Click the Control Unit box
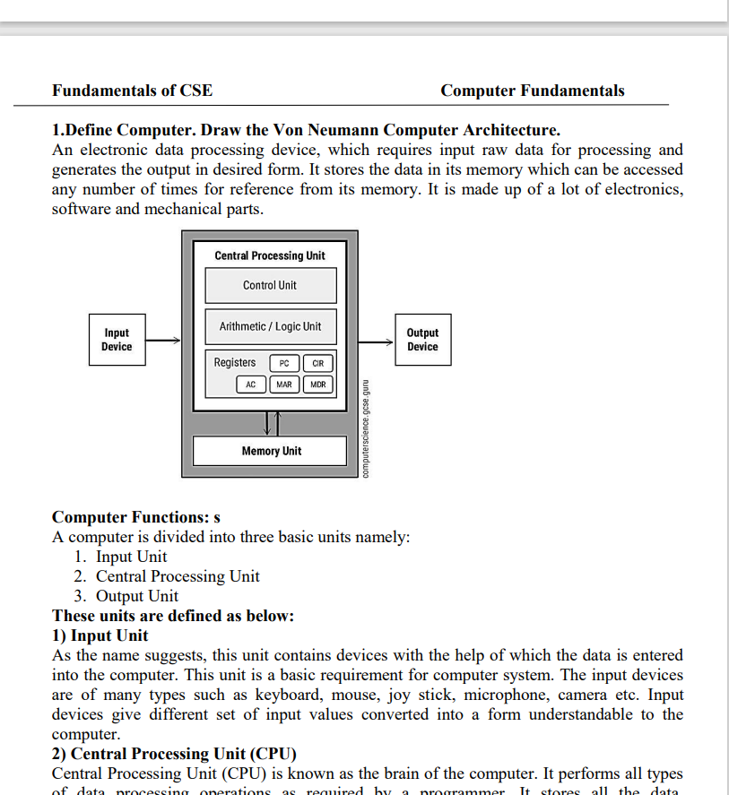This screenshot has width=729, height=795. (x=270, y=286)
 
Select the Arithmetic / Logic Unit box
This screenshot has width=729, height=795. (x=270, y=327)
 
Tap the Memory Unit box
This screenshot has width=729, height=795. (x=270, y=451)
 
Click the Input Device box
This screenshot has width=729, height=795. (x=117, y=340)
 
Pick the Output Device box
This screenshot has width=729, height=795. (x=422, y=340)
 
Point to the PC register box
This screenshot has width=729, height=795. (x=284, y=363)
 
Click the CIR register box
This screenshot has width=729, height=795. (x=318, y=363)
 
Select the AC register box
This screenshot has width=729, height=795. (x=251, y=385)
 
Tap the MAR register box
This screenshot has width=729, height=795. (x=284, y=385)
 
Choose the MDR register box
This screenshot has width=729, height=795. (x=318, y=385)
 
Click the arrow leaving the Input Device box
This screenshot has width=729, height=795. (x=162, y=341)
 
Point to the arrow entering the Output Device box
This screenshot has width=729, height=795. (x=377, y=341)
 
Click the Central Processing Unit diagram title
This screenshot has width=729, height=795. (x=270, y=256)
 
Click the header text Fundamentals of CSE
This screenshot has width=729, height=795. (x=133, y=91)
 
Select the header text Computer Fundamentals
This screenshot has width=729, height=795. (x=533, y=91)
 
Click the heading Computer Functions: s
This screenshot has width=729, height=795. (x=136, y=517)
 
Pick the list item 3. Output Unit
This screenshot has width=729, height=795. (x=126, y=596)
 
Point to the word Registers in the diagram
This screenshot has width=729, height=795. (x=235, y=363)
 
